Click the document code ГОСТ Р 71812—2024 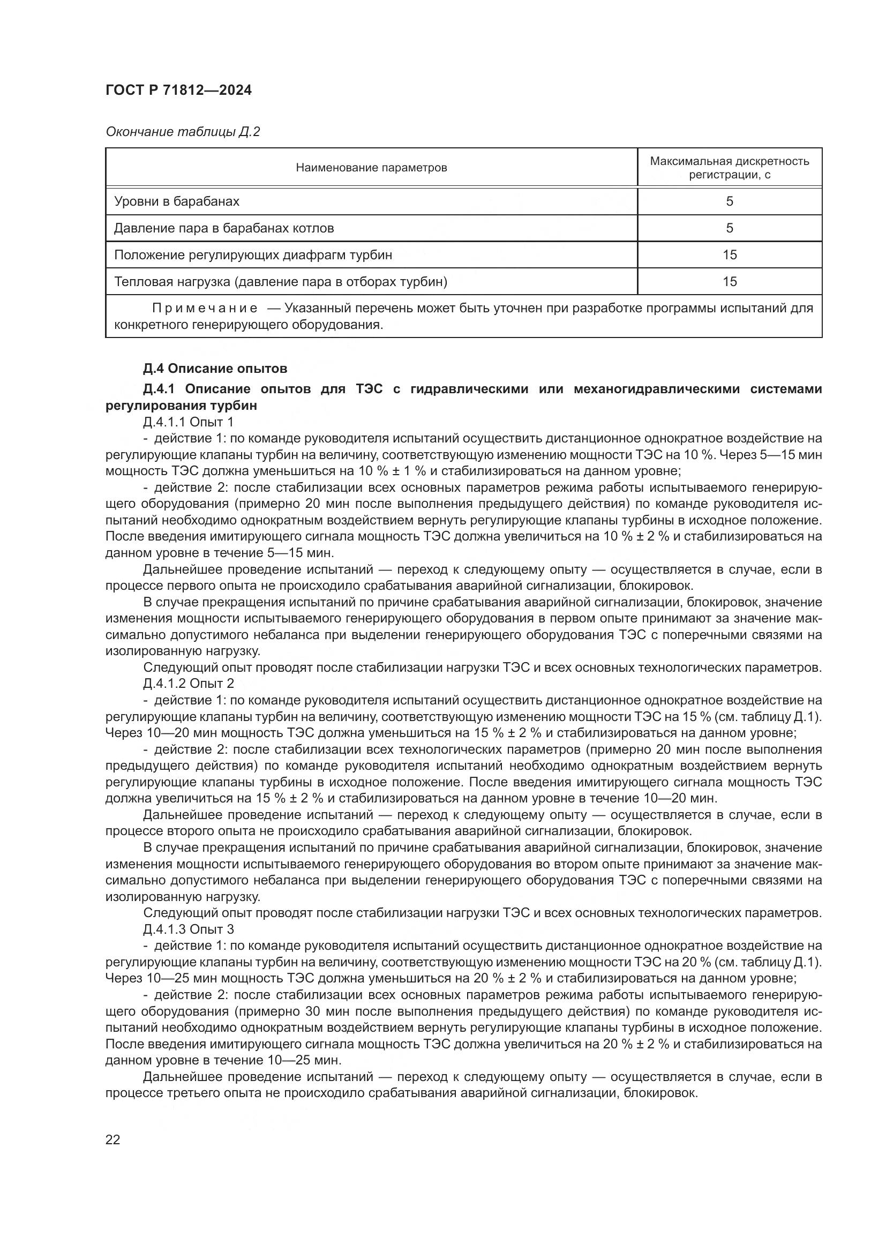click(178, 91)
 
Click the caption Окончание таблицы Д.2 click(183, 132)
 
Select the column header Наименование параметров click(371, 168)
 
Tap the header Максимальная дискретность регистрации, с click(730, 168)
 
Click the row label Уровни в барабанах click(176, 201)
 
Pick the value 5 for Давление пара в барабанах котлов click(730, 228)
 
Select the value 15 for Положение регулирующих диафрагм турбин click(730, 255)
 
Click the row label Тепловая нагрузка click(280, 282)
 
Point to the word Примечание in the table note click(205, 309)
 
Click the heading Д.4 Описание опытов click(215, 369)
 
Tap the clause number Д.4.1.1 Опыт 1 click(188, 422)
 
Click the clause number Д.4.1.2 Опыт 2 click(188, 683)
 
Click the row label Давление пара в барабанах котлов click(224, 228)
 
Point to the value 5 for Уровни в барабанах click(730, 201)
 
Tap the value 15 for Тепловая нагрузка click(730, 282)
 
